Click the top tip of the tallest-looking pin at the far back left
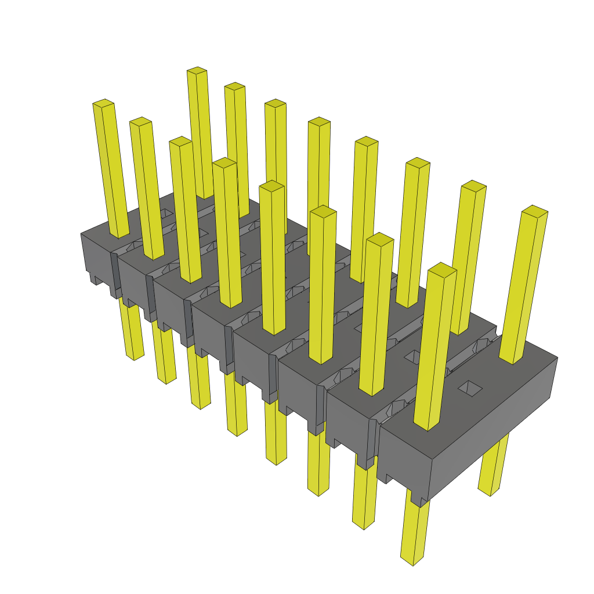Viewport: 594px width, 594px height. [x=197, y=71]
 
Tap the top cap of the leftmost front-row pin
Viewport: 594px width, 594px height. [x=103, y=103]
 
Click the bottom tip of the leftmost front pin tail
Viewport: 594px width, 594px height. [x=135, y=356]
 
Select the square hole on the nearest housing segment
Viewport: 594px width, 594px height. [x=470, y=388]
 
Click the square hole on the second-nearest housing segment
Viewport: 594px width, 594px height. [x=412, y=355]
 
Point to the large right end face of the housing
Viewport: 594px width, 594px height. [x=493, y=432]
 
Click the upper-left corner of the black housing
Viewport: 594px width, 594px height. [x=82, y=234]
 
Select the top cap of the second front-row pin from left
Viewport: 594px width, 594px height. [x=140, y=121]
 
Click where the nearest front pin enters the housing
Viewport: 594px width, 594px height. [x=428, y=426]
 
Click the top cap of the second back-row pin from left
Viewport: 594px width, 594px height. [x=234, y=86]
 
